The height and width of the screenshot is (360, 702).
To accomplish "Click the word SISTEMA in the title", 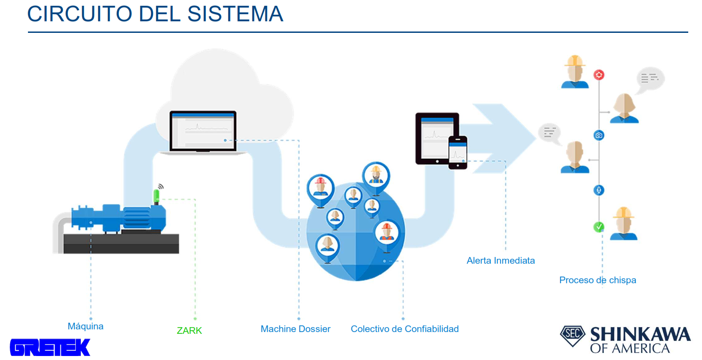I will coord(235,14).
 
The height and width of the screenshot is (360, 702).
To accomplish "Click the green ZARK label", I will coord(189,331).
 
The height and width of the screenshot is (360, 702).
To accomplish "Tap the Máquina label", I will coord(85,326).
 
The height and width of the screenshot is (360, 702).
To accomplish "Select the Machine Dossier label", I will coord(295,329).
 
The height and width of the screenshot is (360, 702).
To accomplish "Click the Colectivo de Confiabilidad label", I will coord(404,329).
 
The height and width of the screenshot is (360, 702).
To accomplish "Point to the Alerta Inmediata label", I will coord(501,261).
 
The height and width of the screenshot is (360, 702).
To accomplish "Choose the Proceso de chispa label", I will coord(597,280).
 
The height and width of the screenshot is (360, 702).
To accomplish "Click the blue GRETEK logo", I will coord(50,347).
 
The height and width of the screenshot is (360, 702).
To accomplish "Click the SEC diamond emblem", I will coord(572,335).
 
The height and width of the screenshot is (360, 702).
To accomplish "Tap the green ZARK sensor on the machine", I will coord(156,196).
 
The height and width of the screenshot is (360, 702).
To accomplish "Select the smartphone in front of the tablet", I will coord(457,152).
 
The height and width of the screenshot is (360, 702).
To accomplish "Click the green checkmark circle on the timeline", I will coord(599,227).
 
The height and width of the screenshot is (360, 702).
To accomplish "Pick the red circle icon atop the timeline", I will coord(599,75).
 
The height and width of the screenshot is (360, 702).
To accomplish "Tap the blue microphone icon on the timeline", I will coord(599,190).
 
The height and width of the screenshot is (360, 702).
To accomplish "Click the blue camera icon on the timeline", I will coord(599,135).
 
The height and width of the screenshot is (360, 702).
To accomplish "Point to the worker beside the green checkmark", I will coord(623,224).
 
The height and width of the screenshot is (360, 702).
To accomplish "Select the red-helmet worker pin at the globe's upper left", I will coord(320,189).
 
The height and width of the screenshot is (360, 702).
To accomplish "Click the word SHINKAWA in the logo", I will coord(640,334).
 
